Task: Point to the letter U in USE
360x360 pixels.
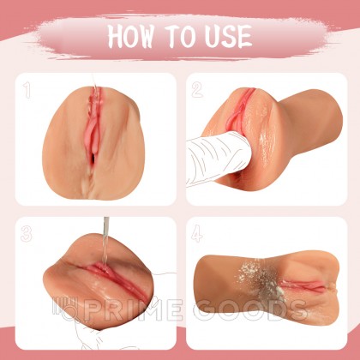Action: pyautogui.click(x=211, y=37)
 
